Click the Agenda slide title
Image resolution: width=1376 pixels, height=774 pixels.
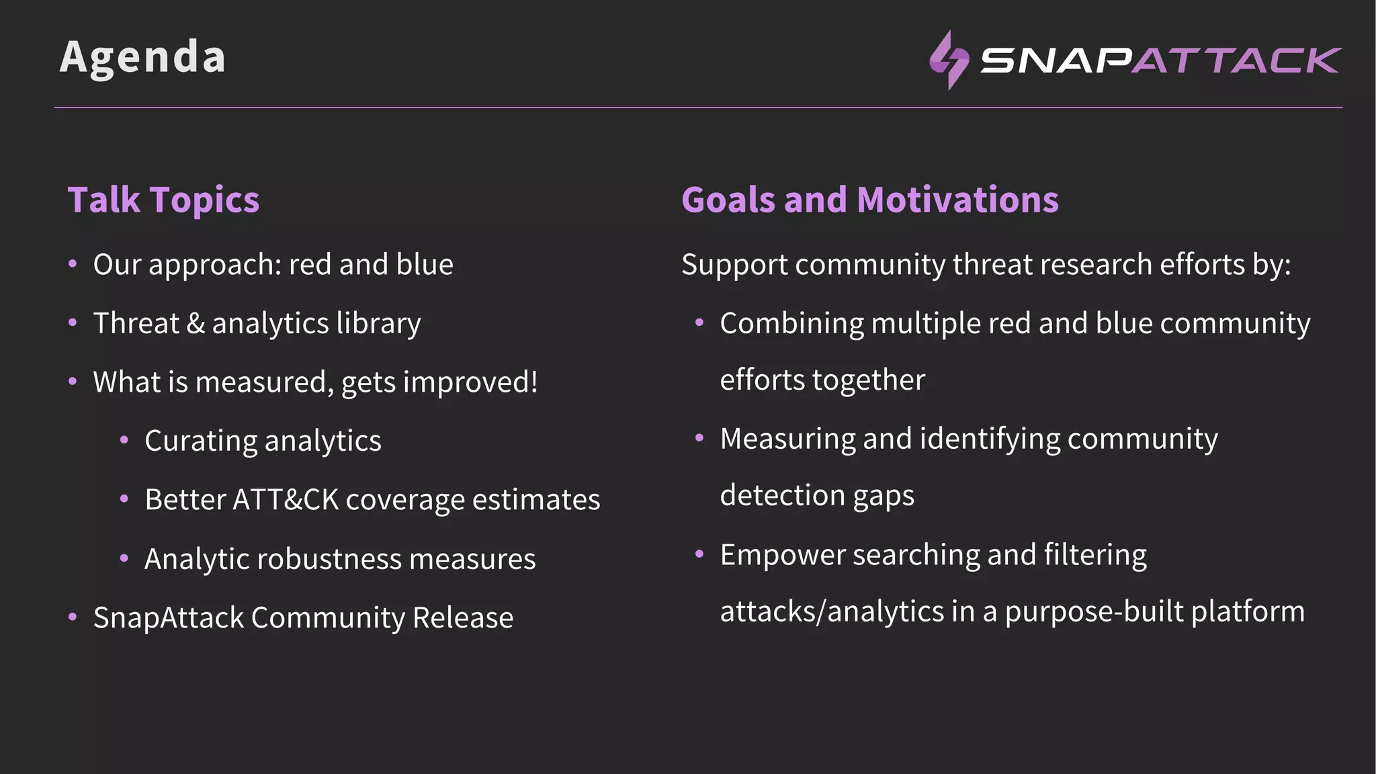click(142, 57)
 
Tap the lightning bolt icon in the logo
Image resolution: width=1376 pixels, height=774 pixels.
click(948, 60)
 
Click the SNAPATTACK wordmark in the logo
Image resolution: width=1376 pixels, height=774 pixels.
click(1160, 60)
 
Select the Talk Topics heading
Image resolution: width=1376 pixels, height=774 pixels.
click(163, 200)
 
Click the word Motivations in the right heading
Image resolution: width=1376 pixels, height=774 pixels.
click(957, 200)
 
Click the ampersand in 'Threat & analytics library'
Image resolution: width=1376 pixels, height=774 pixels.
click(196, 324)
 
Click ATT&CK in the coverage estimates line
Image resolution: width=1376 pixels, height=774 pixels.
click(286, 500)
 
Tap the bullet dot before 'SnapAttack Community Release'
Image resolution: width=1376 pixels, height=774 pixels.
click(73, 617)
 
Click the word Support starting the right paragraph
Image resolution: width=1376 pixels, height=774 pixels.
click(734, 265)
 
